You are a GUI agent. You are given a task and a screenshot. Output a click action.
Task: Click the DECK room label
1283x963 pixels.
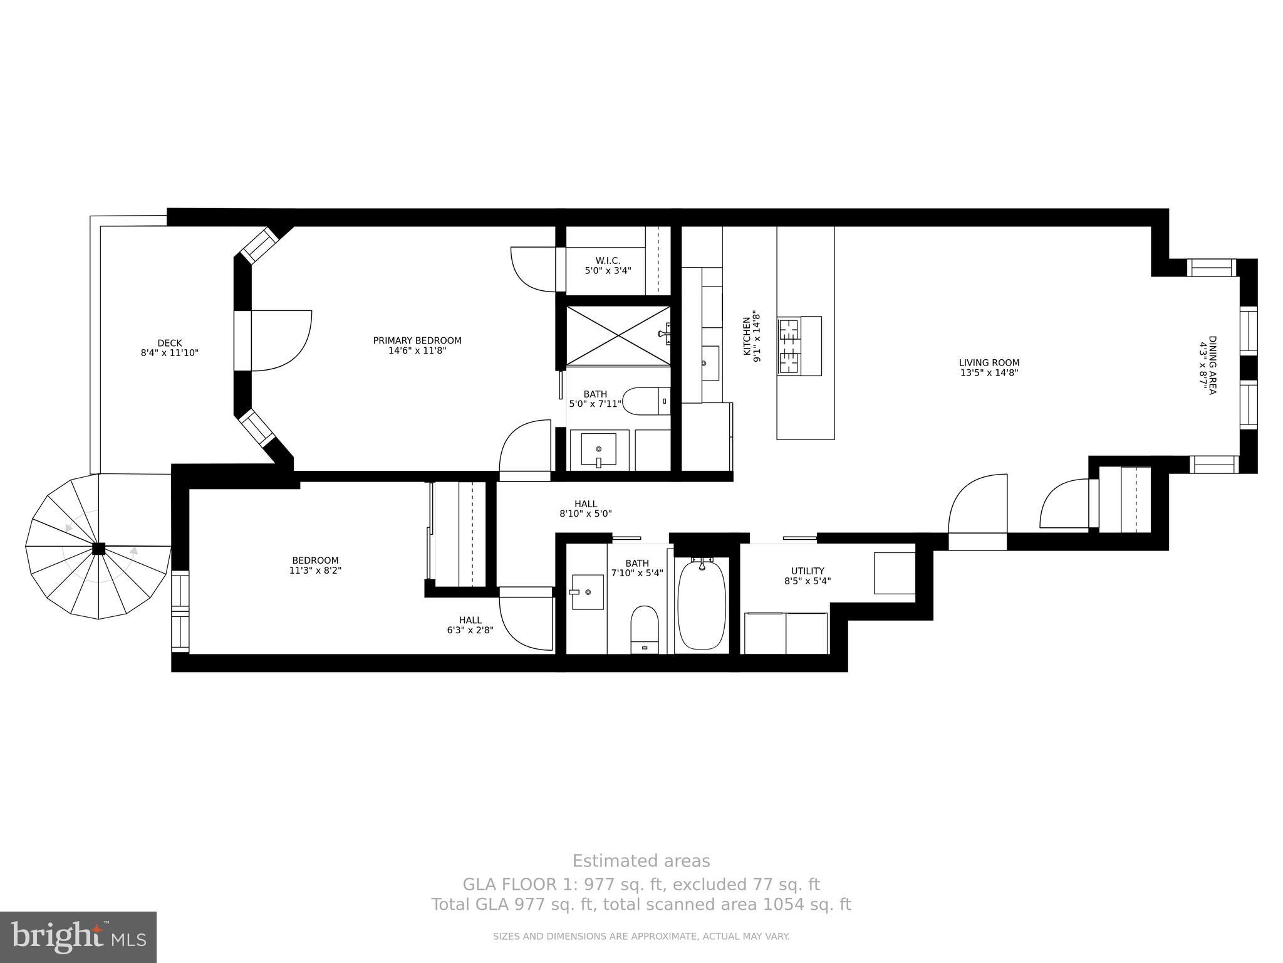[169, 343]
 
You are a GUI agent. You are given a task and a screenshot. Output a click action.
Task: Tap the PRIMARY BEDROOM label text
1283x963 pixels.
[417, 340]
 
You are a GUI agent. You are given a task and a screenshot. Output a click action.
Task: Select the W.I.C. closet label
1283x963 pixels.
[608, 261]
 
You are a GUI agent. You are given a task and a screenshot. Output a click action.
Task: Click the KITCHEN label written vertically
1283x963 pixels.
[747, 336]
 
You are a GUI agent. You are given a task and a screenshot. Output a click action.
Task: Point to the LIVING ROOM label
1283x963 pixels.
[989, 362]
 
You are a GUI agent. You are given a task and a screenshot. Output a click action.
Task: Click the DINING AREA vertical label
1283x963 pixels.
[1212, 365]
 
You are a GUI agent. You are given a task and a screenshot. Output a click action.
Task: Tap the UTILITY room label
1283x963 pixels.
[808, 571]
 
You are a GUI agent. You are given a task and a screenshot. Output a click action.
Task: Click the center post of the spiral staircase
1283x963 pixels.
[98, 549]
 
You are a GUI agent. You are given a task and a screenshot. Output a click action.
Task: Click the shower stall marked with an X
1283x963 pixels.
[618, 335]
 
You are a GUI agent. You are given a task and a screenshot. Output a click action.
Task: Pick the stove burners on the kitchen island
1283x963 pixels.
[789, 346]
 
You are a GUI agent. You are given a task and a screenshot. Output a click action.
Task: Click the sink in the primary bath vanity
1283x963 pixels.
[598, 449]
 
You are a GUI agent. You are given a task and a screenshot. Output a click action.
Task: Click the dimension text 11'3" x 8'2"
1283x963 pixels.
[315, 571]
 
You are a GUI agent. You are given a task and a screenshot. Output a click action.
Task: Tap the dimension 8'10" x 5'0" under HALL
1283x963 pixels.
[585, 513]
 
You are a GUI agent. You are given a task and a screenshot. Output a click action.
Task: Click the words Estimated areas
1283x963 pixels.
[641, 861]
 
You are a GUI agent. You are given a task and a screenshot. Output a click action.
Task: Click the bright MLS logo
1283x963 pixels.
[78, 937]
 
